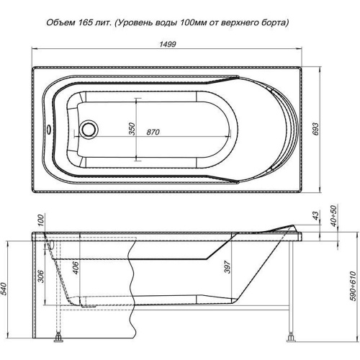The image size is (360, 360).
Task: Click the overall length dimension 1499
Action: click(168, 44)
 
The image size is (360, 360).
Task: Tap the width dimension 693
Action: click(316, 129)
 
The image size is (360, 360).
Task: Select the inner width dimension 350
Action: click(132, 129)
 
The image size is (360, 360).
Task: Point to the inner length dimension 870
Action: click(153, 132)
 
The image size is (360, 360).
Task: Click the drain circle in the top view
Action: click(89, 129)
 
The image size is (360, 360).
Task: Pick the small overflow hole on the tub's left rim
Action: click(48, 129)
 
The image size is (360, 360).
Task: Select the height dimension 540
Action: click(4, 289)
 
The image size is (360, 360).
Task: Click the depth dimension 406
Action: click(76, 268)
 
